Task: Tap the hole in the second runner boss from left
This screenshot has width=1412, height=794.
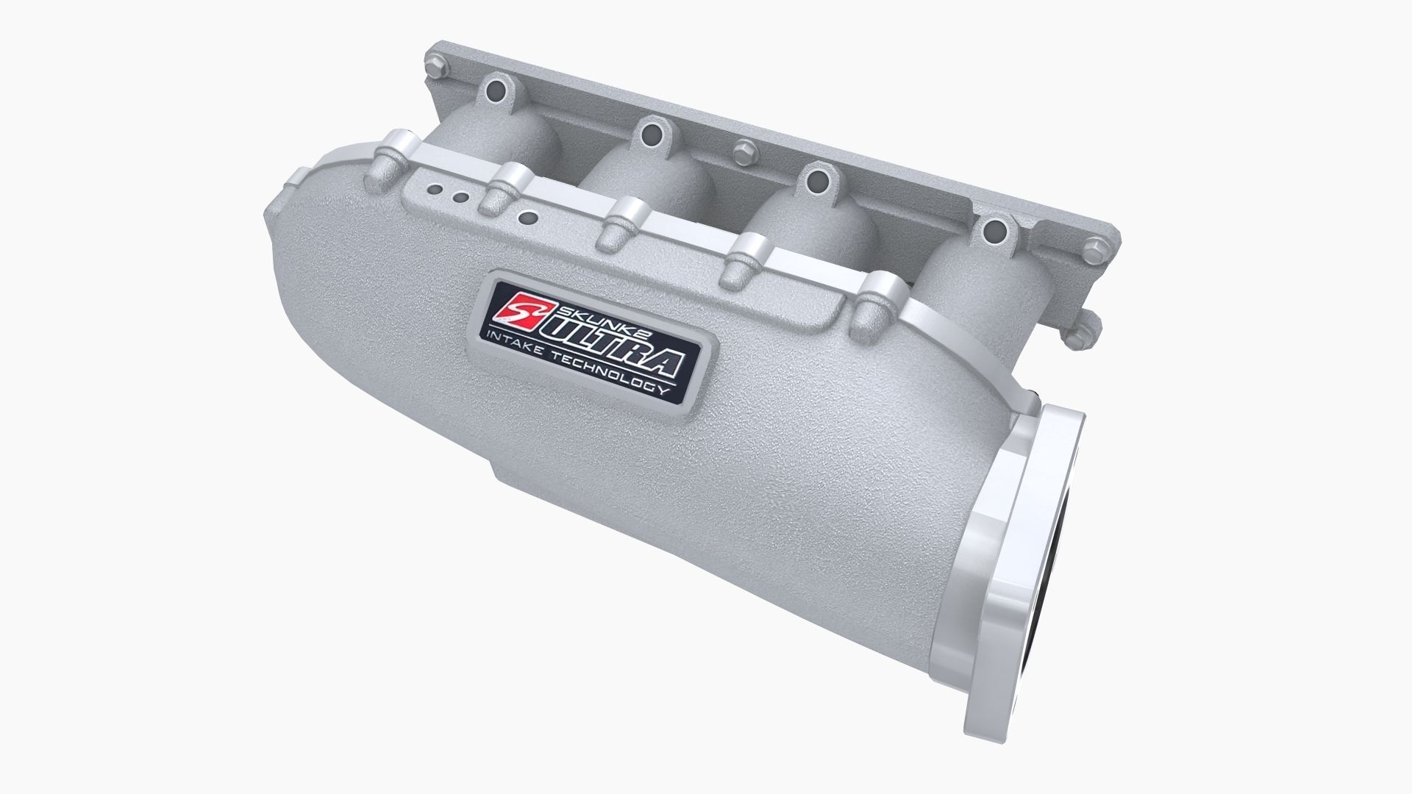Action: point(650,133)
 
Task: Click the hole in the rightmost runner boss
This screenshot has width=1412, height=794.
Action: point(994,229)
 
